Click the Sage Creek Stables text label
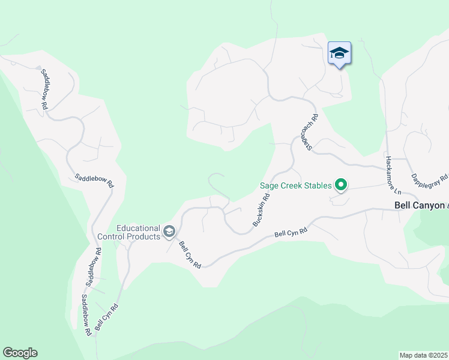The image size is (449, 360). tap(295, 185)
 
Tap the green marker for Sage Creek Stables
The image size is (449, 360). tap(341, 185)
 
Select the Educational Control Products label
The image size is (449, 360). tap(138, 232)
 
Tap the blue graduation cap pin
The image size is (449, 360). tap(339, 53)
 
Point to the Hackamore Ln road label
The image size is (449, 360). tap(393, 175)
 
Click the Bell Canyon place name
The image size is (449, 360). tap(420, 205)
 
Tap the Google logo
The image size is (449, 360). tap(20, 353)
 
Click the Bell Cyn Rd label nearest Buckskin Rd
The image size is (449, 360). tap(291, 232)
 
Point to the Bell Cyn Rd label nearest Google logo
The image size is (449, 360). tap(106, 317)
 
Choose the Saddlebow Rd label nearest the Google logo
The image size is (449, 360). tap(85, 314)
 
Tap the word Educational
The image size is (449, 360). tap(138, 228)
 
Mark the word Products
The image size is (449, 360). tap(144, 236)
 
